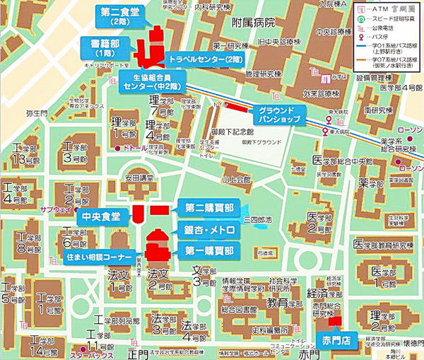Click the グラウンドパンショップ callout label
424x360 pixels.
pos(278,113)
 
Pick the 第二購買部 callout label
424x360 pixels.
pos(208,209)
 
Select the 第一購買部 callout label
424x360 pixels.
pos(208,250)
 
